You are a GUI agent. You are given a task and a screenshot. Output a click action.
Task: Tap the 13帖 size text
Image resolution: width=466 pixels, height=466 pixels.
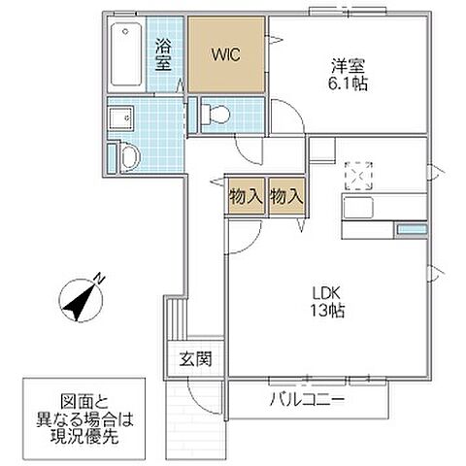(x=323, y=313)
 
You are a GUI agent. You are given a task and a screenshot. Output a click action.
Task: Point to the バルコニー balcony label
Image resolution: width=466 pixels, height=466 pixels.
(x=308, y=398)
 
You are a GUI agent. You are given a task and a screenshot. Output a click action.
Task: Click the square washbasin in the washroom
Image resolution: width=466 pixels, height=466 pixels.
(x=120, y=118)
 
